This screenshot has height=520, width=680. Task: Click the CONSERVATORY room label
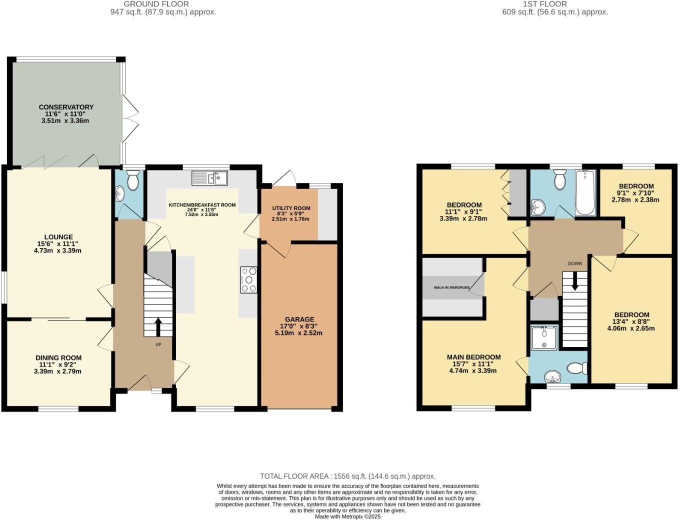(66, 107)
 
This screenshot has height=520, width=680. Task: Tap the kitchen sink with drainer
(209, 177)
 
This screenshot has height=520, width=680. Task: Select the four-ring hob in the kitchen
(249, 280)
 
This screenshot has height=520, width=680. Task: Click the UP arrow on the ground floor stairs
(158, 326)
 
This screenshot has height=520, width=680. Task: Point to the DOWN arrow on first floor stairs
(575, 280)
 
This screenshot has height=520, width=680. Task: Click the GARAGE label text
(299, 319)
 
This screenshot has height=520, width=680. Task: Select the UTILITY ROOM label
(291, 208)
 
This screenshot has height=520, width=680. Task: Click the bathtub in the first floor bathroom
(585, 192)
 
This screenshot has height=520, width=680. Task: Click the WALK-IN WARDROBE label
(451, 287)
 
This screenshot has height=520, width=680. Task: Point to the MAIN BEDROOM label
(473, 357)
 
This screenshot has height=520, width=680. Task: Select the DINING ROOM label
(58, 357)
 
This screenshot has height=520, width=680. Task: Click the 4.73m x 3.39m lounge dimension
(57, 250)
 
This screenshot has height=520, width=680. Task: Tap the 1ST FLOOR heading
(545, 4)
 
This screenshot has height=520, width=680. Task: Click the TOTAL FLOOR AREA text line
(347, 476)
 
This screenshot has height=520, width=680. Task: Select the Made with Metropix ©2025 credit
(347, 516)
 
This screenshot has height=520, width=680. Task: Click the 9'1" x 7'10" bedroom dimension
(635, 193)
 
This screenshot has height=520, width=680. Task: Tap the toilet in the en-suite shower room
(577, 368)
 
